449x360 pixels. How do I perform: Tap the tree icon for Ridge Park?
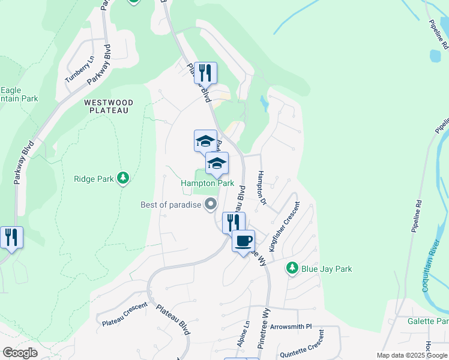tap(122, 178)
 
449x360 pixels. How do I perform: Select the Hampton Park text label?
tap(208, 183)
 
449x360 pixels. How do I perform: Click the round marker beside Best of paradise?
tap(210, 205)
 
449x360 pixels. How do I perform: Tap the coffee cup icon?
tap(243, 241)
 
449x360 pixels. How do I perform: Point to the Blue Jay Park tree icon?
tap(292, 268)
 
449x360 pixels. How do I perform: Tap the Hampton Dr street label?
tap(261, 187)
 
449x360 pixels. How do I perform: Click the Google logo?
tap(20, 353)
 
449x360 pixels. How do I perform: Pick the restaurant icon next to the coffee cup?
tap(232, 222)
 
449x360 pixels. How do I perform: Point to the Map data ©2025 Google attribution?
tap(412, 355)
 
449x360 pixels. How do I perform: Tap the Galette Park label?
tap(428, 321)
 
